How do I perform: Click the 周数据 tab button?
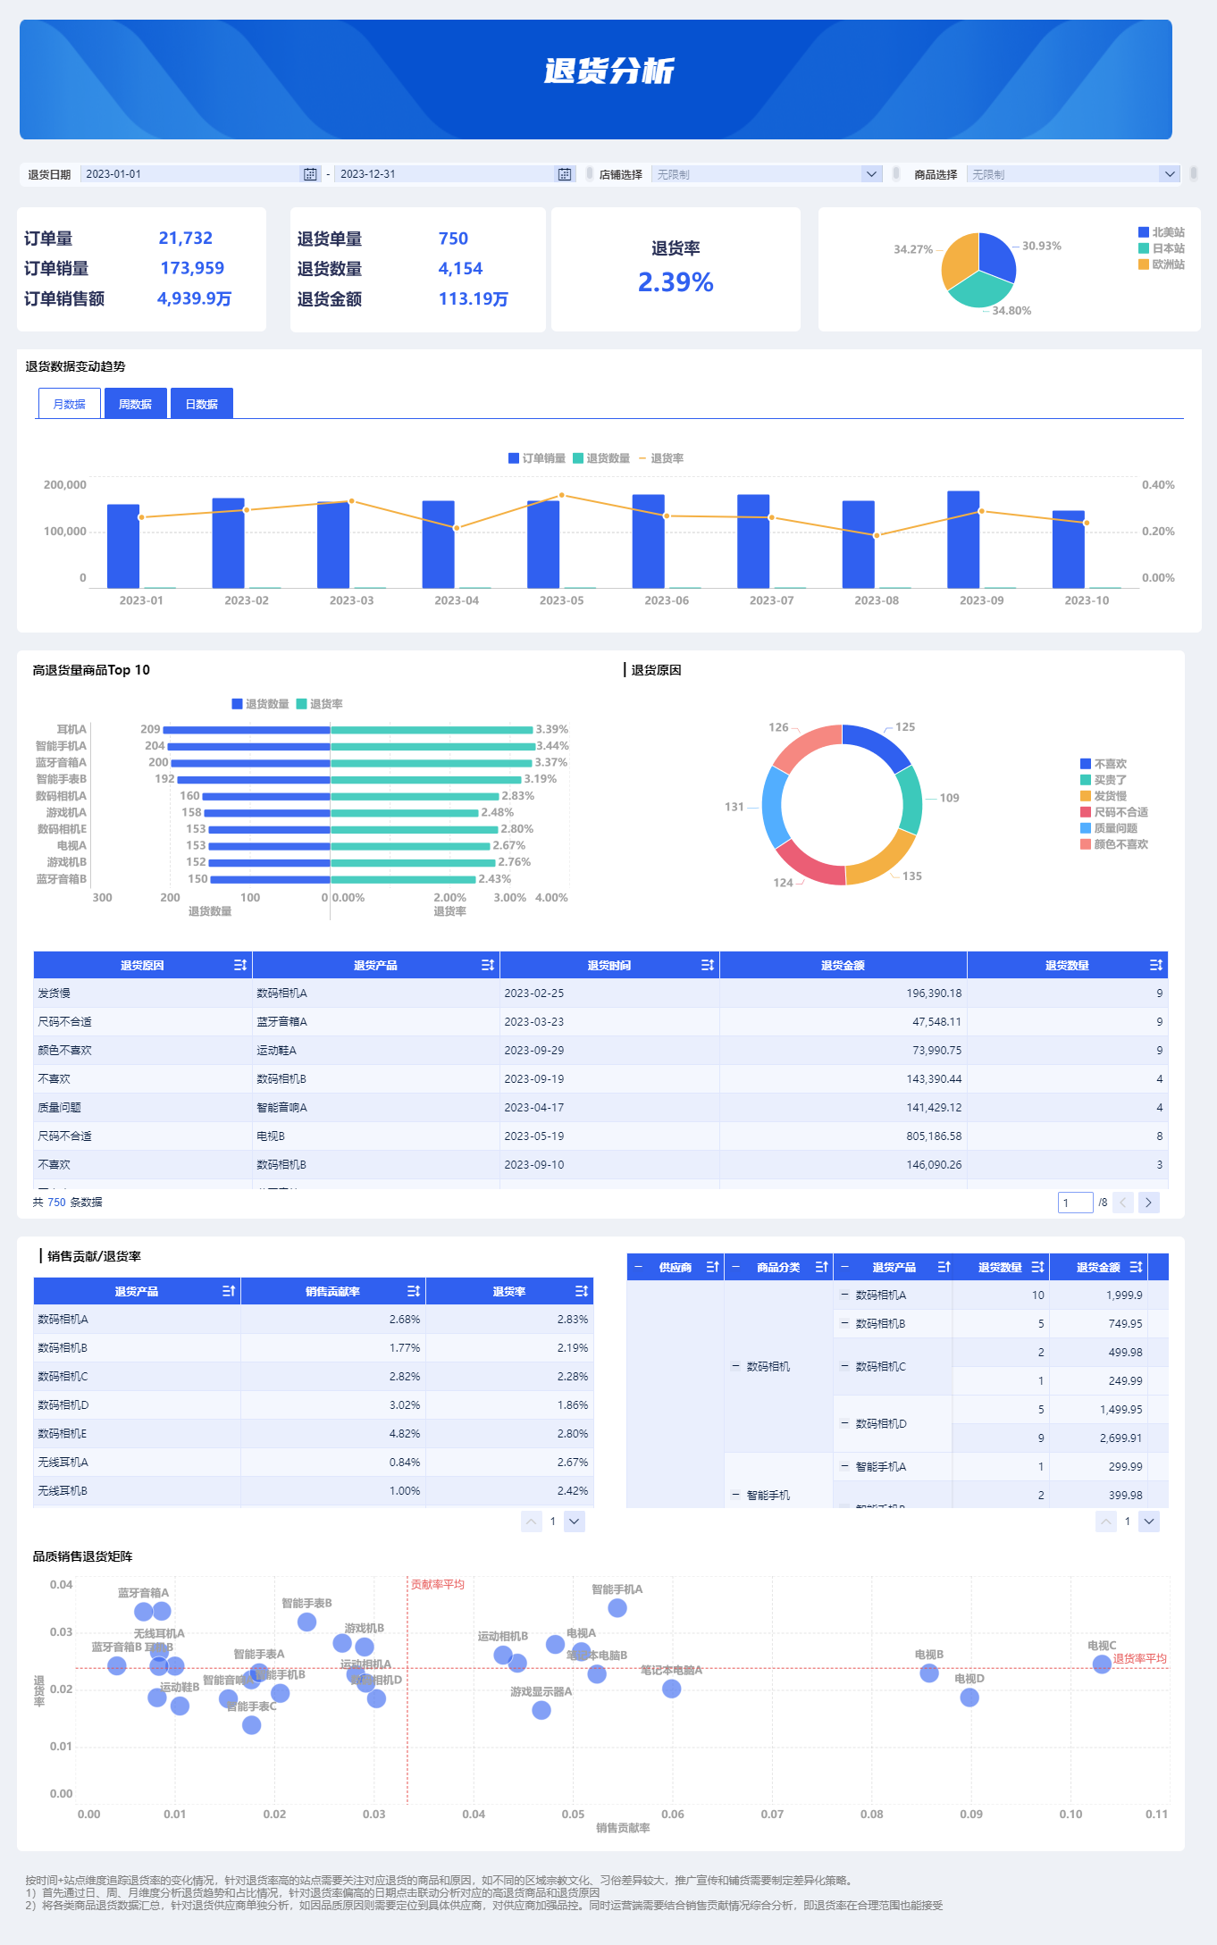tap(135, 404)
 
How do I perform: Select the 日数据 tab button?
tap(201, 404)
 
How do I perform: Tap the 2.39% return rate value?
tap(676, 282)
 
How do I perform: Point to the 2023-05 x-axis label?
tap(561, 600)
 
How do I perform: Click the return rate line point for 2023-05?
tap(561, 495)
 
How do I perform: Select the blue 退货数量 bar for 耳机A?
tap(247, 730)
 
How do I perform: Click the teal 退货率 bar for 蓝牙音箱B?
tap(402, 879)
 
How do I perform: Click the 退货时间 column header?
tap(608, 965)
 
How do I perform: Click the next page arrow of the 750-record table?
tap(1149, 1203)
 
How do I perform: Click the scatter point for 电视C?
tap(1102, 1664)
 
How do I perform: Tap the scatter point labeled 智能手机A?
tap(617, 1608)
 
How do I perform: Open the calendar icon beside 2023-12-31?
tap(565, 174)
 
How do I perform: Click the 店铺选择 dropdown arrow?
tap(871, 174)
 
